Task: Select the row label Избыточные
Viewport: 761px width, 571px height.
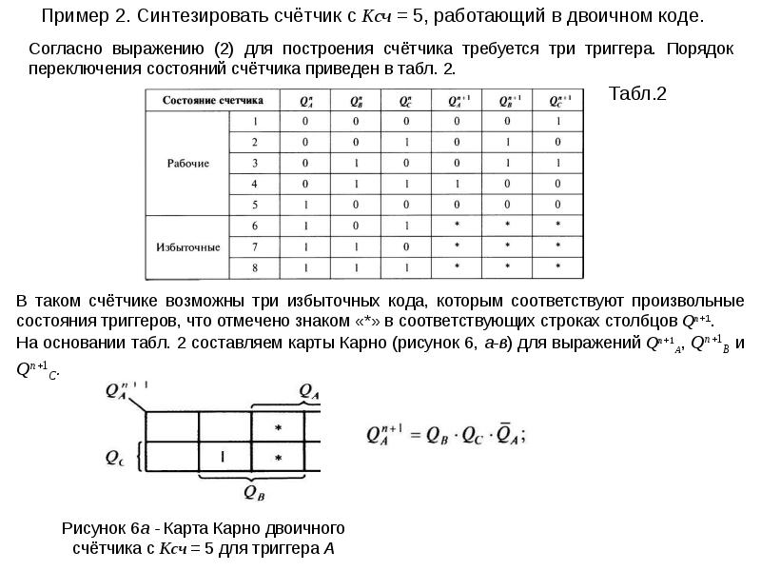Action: click(188, 246)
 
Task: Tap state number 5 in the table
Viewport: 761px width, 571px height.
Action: click(254, 205)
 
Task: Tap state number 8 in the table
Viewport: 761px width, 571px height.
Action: click(254, 267)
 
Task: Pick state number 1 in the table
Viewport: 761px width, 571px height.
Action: click(254, 121)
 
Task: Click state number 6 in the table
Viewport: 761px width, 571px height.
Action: click(254, 226)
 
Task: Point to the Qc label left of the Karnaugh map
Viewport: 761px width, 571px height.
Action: click(114, 457)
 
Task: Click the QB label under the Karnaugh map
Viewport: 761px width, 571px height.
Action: click(255, 491)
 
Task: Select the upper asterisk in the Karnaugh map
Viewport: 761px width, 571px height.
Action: click(278, 429)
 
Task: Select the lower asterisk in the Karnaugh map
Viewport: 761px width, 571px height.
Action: click(278, 459)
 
